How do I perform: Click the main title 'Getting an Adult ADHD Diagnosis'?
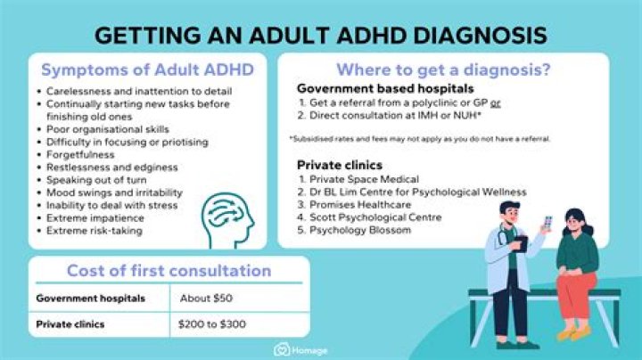tap(321, 36)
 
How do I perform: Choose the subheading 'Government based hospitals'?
tap(384, 89)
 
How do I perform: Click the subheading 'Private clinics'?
tap(339, 164)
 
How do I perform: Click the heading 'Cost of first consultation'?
tap(169, 271)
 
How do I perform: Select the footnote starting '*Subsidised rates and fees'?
tap(420, 138)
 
